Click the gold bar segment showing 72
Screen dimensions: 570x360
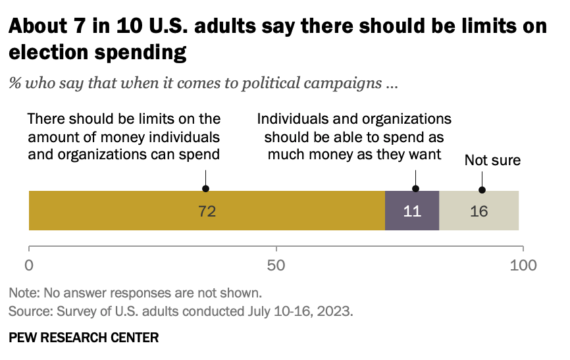[x=207, y=211]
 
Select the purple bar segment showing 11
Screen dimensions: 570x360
[x=412, y=211]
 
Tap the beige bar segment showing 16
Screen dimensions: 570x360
[x=479, y=211]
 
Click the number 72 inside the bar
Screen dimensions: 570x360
[x=207, y=211]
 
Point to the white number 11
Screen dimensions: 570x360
[x=412, y=211]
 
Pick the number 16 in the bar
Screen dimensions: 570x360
[x=479, y=211]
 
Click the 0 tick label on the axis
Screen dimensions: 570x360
[x=29, y=265]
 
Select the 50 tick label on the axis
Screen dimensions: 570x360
[x=276, y=265]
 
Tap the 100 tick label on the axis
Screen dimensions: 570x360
[x=523, y=265]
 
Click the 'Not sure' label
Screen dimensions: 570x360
[x=492, y=160]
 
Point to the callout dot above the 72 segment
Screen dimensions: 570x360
[x=206, y=188]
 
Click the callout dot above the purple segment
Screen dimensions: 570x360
[x=416, y=188]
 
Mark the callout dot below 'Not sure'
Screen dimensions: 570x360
[x=482, y=190]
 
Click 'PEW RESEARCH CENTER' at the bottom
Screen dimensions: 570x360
[x=84, y=338]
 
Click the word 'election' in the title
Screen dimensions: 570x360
[x=48, y=52]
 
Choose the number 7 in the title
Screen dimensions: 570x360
[x=79, y=26]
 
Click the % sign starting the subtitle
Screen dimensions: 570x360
[x=15, y=83]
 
